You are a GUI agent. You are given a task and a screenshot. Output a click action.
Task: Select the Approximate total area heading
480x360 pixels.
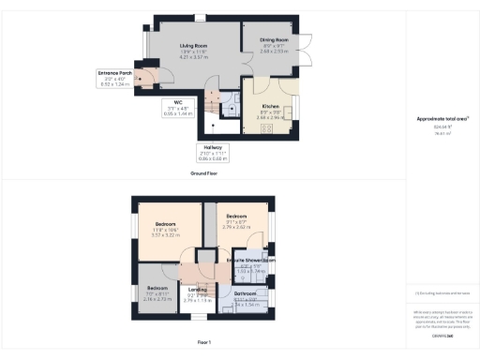[x=442, y=119]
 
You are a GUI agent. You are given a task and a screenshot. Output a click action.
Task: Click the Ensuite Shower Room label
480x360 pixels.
[x=247, y=260]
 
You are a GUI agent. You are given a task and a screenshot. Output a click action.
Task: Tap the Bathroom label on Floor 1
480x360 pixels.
[x=245, y=294]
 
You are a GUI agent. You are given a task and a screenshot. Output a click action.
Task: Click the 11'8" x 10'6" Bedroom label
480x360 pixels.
[x=165, y=225]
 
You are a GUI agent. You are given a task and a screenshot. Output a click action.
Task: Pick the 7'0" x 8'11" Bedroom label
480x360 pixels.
[x=157, y=288]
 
